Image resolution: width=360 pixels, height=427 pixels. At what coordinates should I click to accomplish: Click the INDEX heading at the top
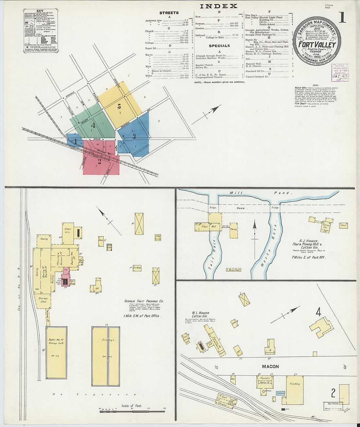pos(218,6)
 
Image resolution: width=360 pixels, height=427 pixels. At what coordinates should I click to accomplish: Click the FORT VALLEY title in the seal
pos(317,45)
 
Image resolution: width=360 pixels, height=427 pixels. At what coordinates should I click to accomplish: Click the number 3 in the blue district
pos(134,137)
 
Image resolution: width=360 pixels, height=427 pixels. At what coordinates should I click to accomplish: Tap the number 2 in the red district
pos(99,161)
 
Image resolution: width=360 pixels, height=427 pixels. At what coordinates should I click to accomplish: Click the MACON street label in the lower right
pos(270,366)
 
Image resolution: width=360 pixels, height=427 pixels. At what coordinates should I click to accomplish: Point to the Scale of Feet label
pos(132,406)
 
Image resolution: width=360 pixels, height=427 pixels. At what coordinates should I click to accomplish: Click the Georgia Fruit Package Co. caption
pos(144,301)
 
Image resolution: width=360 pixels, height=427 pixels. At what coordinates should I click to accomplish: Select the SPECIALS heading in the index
pos(219,46)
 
